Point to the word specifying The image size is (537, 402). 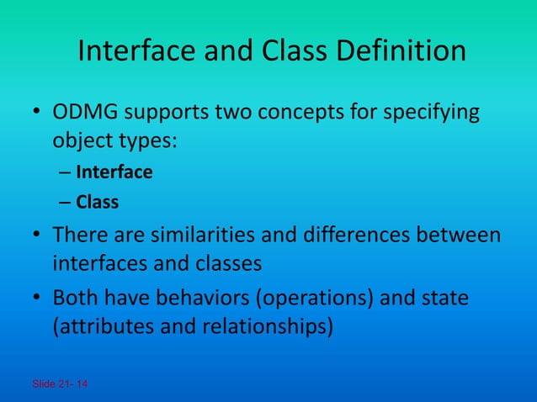click(x=433, y=114)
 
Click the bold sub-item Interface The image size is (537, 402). click(x=114, y=172)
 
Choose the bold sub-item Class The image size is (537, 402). click(x=97, y=202)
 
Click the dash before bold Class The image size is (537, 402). click(x=65, y=202)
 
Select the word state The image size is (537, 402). click(x=445, y=299)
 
